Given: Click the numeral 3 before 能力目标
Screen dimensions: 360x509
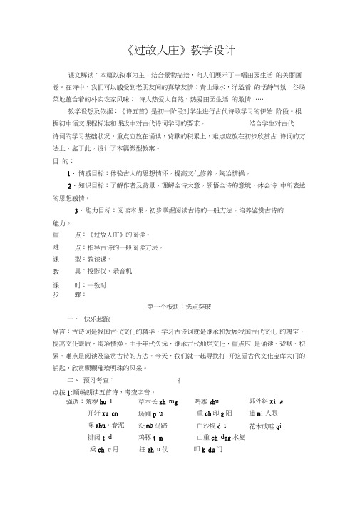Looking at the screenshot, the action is point(77,211).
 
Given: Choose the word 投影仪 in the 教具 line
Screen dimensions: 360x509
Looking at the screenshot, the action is point(96,272).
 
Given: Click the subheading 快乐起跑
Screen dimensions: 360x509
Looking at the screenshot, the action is point(97,318).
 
